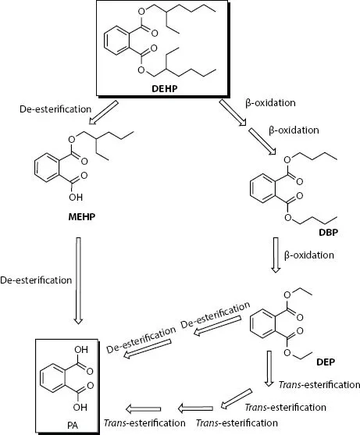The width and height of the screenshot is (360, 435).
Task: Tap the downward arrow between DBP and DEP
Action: pos(274,256)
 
